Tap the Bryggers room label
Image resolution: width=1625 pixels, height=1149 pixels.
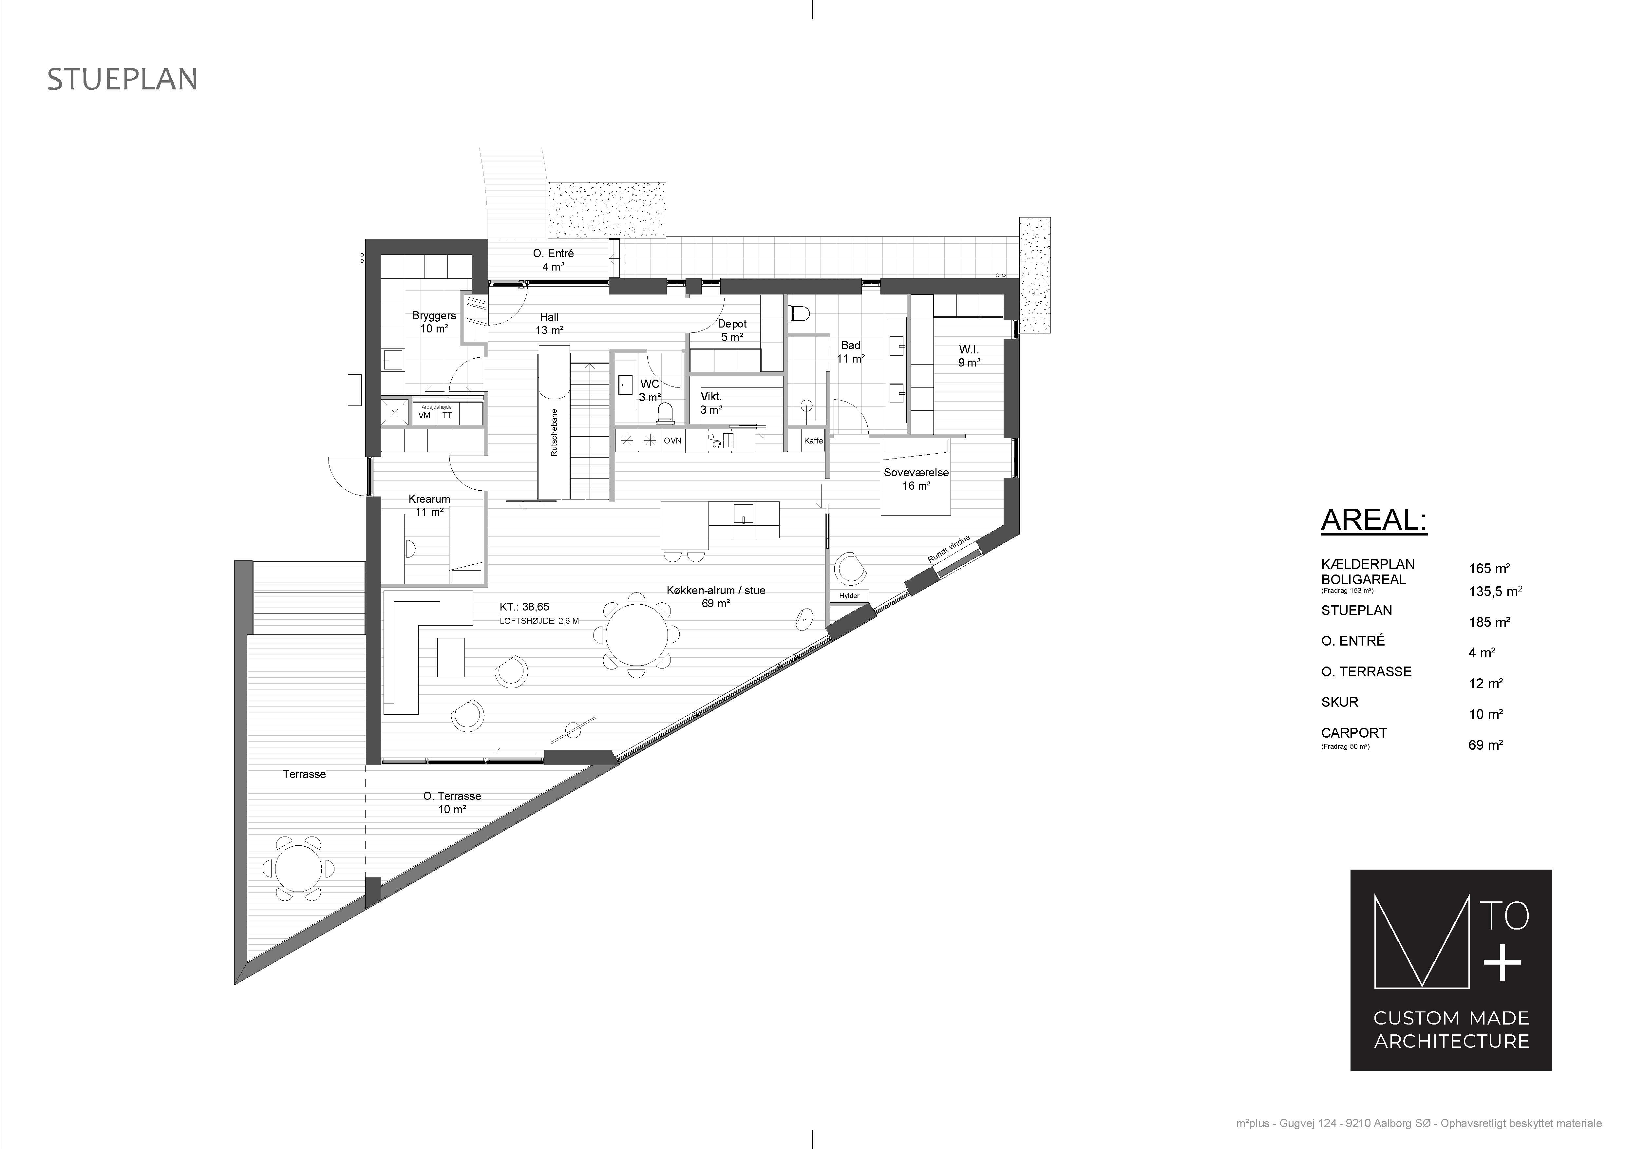click(x=434, y=315)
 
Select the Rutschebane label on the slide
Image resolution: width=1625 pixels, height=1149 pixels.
click(x=554, y=432)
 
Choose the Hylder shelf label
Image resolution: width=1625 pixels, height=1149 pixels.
click(x=849, y=596)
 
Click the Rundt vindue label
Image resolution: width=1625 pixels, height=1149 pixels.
click(x=949, y=549)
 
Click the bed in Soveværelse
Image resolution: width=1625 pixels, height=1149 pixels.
click(x=915, y=477)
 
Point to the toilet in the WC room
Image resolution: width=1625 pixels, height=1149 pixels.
click(x=665, y=412)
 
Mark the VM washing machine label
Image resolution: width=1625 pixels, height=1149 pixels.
click(x=425, y=416)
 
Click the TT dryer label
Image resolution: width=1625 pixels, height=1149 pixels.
click(x=447, y=416)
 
